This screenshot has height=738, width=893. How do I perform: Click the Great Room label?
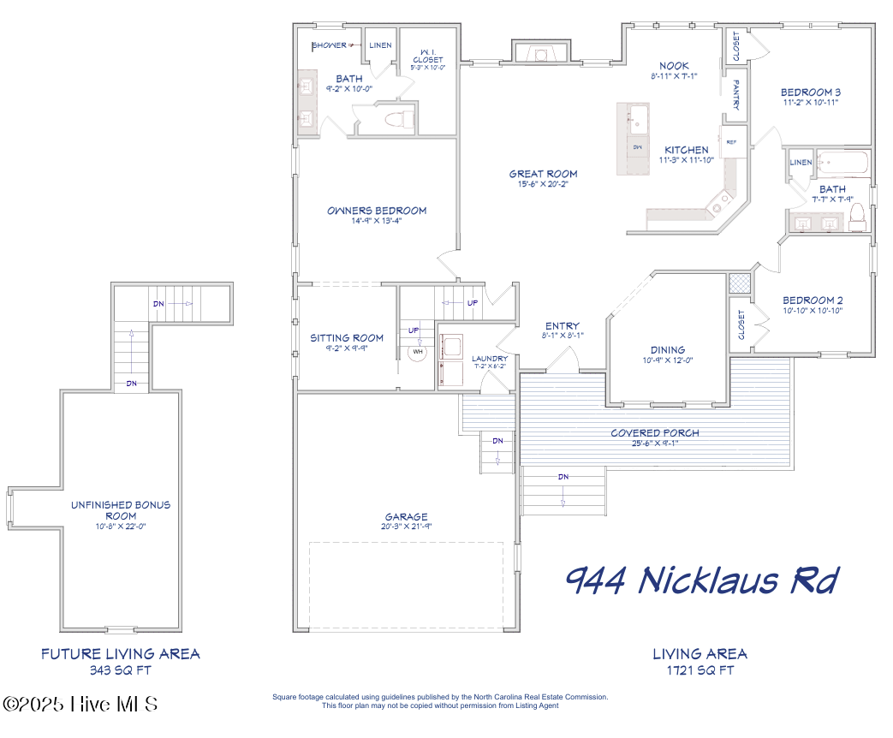coord(543,174)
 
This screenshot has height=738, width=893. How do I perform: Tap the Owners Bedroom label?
coord(377,211)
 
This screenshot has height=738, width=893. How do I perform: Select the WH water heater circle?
coord(418,352)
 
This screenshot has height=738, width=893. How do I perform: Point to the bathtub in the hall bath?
coord(842,163)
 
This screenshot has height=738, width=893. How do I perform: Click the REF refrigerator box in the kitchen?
coord(732,142)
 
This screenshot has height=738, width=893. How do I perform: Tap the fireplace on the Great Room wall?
coord(540,54)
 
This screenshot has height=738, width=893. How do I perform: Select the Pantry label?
coord(736,96)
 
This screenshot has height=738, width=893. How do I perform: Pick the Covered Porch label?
coord(654,432)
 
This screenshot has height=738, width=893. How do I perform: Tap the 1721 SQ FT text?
coord(700,670)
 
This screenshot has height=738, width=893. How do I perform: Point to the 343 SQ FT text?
coord(121,670)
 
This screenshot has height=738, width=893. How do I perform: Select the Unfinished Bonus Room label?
coord(121,510)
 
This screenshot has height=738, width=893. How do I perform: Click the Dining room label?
coord(667,349)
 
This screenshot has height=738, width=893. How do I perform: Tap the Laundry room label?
coord(490,358)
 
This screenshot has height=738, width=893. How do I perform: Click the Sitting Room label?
coord(347,338)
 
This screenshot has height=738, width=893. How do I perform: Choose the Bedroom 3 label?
coord(810,92)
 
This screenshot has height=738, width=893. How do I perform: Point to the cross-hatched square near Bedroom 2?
coord(738,283)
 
